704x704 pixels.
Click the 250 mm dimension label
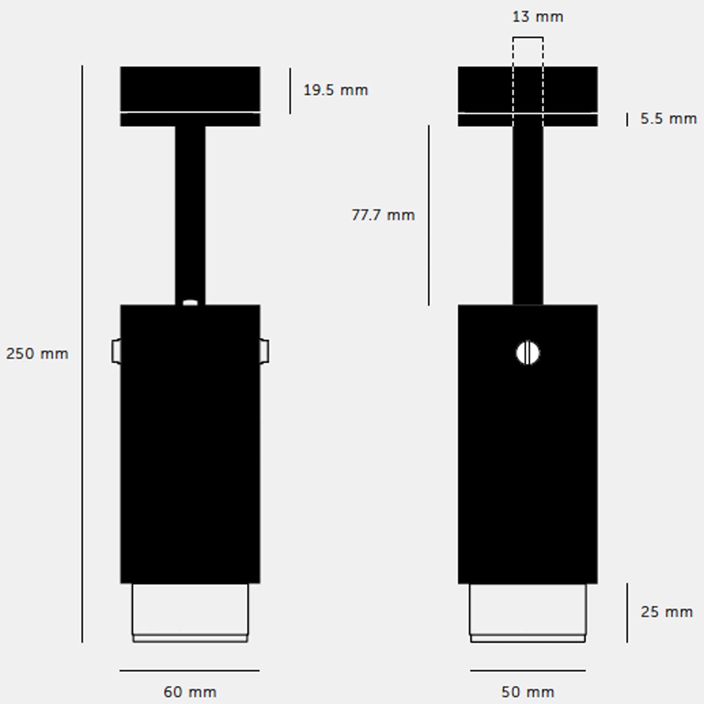tap(37, 354)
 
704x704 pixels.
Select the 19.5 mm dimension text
tap(336, 90)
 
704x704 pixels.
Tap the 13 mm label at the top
tap(538, 17)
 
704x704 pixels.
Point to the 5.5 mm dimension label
tap(668, 119)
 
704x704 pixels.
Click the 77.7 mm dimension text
tap(383, 215)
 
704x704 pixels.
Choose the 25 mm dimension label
tap(666, 612)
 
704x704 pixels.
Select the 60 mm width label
tap(190, 692)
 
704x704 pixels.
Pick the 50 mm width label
tap(528, 692)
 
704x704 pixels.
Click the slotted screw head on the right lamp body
tap(528, 353)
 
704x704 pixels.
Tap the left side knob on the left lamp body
tap(116, 351)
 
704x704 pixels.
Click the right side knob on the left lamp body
tap(264, 351)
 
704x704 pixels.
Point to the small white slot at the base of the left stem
tap(190, 302)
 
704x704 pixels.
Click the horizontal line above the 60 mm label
tap(190, 670)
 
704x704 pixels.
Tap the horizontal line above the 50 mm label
tap(528, 670)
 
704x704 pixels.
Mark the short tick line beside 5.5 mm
tap(627, 119)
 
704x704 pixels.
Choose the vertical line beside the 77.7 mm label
tap(429, 215)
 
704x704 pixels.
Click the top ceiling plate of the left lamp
tap(190, 89)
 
